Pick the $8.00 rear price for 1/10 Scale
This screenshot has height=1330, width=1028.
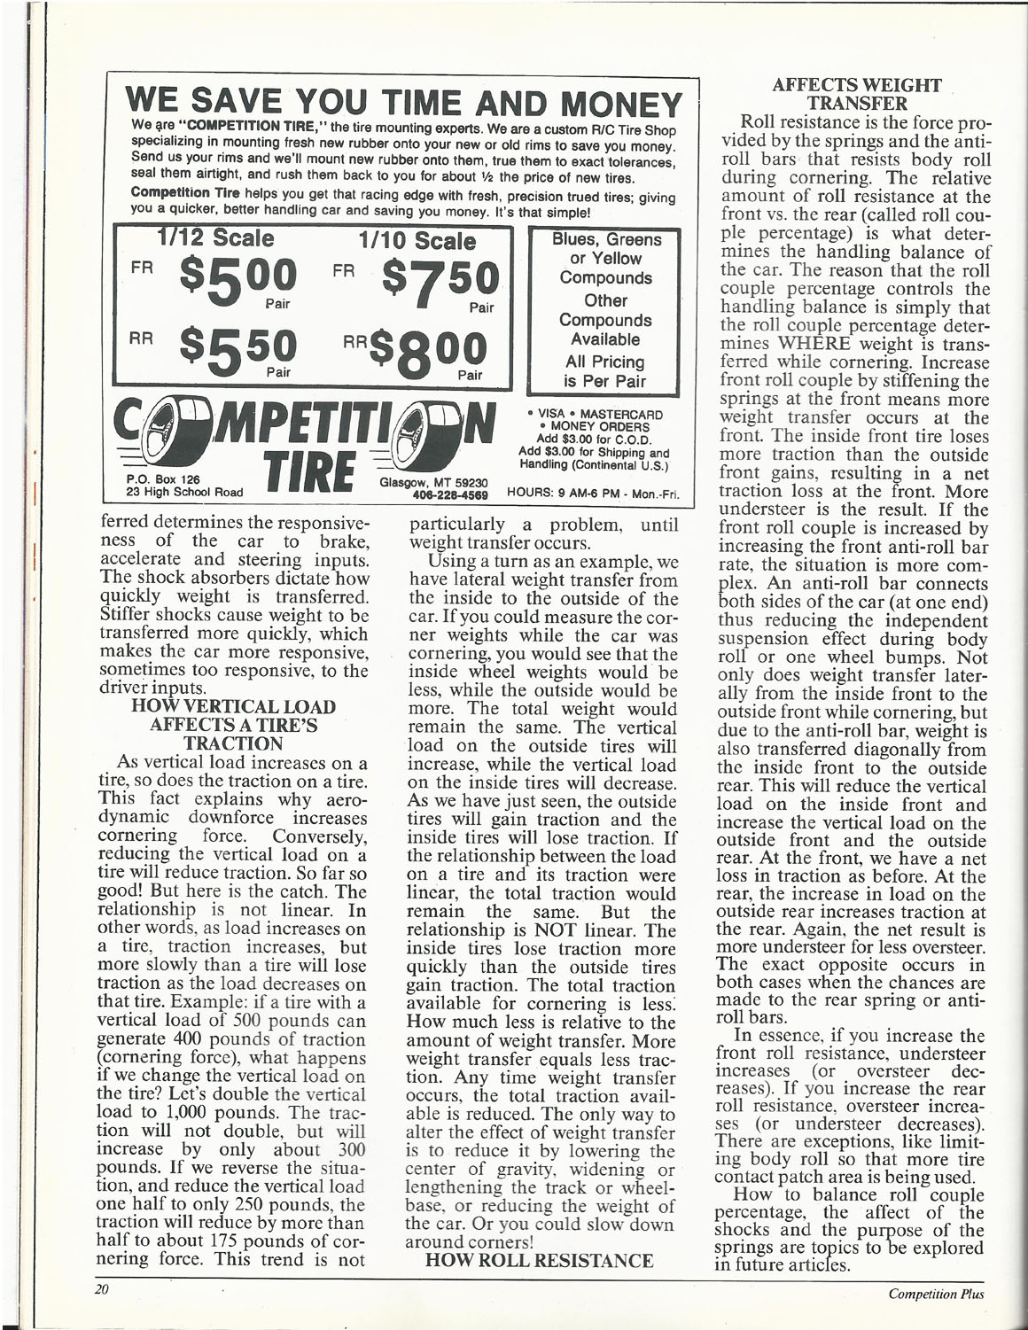coord(425,353)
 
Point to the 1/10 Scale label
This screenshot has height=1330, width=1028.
coord(417,240)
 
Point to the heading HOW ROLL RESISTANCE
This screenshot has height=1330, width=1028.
coord(540,1259)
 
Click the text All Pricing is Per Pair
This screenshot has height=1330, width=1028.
coord(606,372)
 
